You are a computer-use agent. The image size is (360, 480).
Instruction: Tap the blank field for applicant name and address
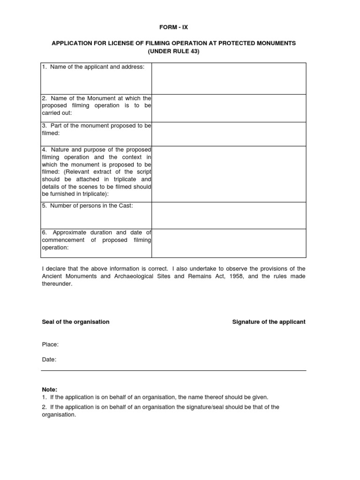229,79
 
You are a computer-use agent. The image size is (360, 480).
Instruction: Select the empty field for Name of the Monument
229,108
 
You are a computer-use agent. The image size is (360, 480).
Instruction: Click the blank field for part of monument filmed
229,134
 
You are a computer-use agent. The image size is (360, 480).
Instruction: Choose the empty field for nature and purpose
229,174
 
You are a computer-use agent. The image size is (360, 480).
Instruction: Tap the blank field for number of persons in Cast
229,216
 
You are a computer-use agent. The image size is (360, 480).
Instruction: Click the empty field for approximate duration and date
229,243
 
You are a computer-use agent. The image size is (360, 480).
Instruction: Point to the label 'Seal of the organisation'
75,322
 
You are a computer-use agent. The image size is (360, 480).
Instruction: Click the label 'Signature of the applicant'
269,322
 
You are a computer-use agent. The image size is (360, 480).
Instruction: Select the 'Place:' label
50,345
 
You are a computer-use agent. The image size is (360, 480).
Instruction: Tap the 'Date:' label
49,360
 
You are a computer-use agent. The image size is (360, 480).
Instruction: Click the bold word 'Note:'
49,390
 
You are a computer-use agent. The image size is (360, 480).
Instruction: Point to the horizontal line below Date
173,370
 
